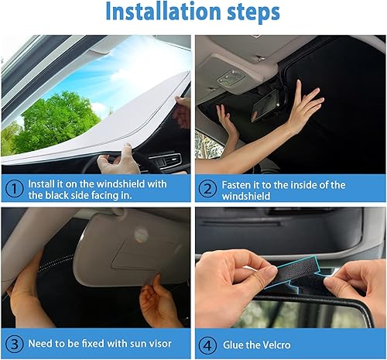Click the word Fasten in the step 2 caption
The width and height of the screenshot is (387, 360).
[240, 184]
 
